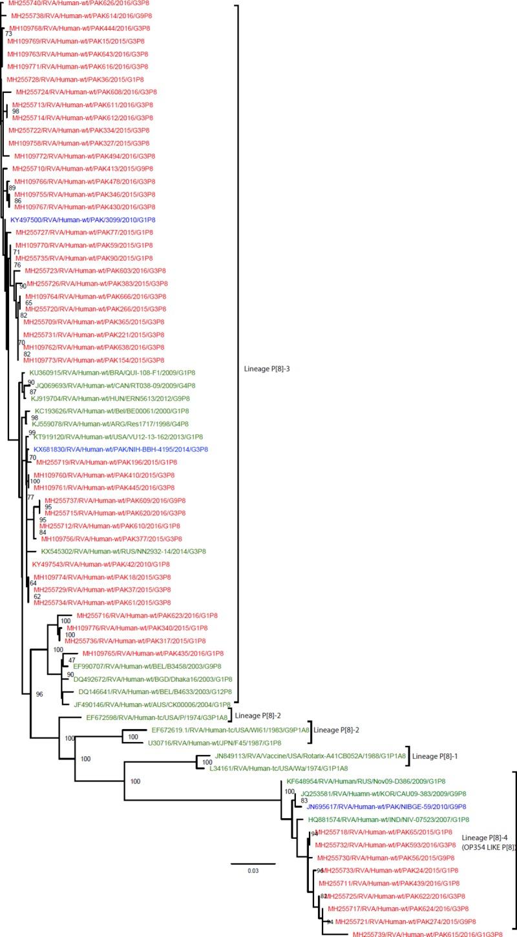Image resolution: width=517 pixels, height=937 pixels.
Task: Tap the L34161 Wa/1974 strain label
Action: coord(280,768)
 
